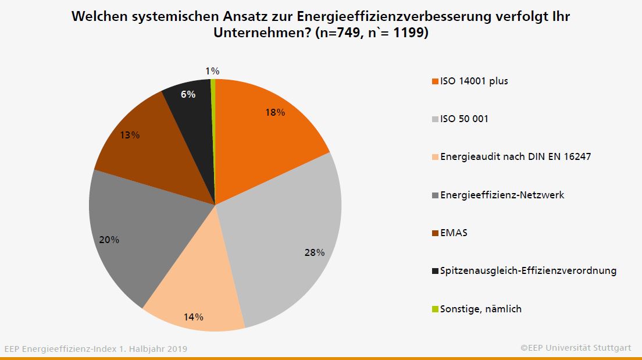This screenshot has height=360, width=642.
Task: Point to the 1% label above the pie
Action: (212, 71)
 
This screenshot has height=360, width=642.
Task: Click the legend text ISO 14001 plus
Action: (474, 81)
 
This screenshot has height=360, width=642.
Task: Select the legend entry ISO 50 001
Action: (464, 119)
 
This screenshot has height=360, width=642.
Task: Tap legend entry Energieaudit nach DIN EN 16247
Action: (515, 156)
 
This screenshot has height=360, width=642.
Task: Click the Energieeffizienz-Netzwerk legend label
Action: (502, 195)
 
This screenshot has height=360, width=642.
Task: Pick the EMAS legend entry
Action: (454, 233)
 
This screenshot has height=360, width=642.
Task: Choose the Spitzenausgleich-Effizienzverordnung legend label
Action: (528, 270)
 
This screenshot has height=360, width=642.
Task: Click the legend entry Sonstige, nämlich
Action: (480, 309)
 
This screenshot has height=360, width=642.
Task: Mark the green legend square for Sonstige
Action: (434, 309)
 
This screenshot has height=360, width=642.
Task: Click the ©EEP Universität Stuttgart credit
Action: (576, 348)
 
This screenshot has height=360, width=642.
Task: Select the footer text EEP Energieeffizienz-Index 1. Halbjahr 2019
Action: (96, 349)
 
